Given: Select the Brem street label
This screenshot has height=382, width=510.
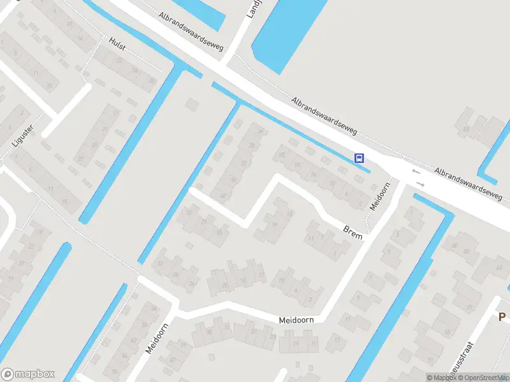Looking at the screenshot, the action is click(x=353, y=232).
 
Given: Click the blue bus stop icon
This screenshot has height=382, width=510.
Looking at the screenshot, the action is click(x=360, y=158).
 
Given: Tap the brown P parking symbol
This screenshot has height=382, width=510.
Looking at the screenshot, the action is click(x=502, y=316).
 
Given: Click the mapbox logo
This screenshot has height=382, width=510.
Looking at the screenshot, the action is click(x=27, y=374).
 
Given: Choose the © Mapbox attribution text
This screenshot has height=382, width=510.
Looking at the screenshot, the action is click(x=441, y=378).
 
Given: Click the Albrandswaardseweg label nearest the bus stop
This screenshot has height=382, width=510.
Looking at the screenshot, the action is click(x=324, y=116).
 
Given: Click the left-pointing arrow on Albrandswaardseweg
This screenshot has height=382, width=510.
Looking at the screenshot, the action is click(x=416, y=171).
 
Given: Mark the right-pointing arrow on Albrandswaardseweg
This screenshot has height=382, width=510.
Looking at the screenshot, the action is click(x=420, y=185).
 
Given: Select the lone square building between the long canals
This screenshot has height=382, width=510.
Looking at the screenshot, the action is click(x=191, y=103).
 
